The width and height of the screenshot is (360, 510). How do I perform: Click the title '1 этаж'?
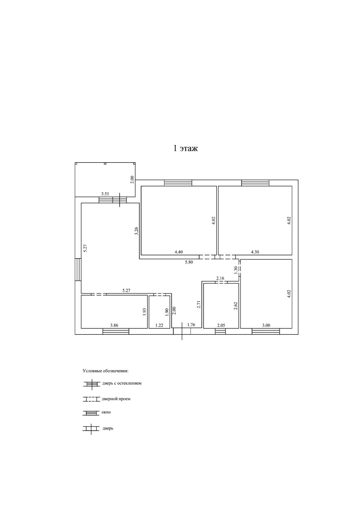point(185,149)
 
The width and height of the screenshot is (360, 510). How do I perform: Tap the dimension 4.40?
point(179,252)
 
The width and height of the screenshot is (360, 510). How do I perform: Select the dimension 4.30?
point(255,252)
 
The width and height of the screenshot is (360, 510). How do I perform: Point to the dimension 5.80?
point(189,262)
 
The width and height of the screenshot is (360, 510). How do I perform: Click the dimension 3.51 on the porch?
point(105,194)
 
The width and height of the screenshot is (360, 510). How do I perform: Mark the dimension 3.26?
point(136,231)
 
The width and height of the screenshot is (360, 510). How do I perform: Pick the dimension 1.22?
point(159,325)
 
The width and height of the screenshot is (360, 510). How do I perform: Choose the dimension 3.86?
point(114,325)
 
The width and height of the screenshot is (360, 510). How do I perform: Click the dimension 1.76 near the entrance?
point(191,325)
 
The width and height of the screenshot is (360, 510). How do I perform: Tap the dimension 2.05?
point(221,325)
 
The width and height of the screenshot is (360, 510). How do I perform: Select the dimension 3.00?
point(266,325)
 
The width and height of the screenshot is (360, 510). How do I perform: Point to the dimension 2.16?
point(220,278)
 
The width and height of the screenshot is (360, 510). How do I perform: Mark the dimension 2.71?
point(198,304)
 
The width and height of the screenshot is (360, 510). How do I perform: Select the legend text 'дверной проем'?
point(116,399)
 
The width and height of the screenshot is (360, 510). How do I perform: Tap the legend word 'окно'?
point(106,412)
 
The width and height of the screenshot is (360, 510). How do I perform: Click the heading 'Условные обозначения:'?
point(105,371)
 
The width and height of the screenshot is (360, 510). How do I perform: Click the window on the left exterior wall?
point(78,269)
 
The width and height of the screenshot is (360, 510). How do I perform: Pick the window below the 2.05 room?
point(220,331)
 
